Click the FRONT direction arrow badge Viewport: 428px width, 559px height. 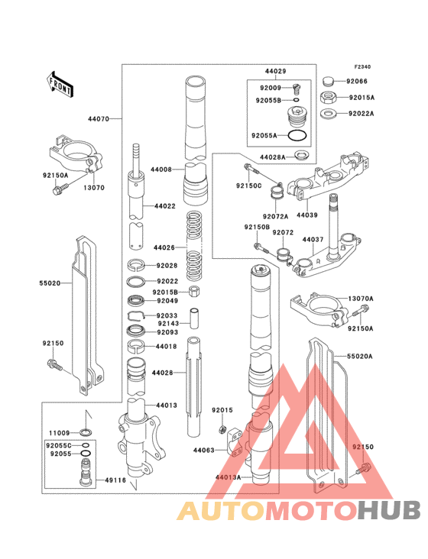(x=60, y=84)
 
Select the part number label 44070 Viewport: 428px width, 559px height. (x=98, y=119)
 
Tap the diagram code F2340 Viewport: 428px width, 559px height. (x=372, y=66)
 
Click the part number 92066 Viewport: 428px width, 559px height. (x=356, y=81)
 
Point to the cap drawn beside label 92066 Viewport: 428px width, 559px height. (x=329, y=80)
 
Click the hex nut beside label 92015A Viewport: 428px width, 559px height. (x=328, y=97)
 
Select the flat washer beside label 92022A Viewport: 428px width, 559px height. (x=328, y=114)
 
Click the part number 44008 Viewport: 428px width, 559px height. (x=161, y=169)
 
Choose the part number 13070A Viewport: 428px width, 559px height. (x=362, y=299)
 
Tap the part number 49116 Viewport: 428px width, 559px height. (x=115, y=480)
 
